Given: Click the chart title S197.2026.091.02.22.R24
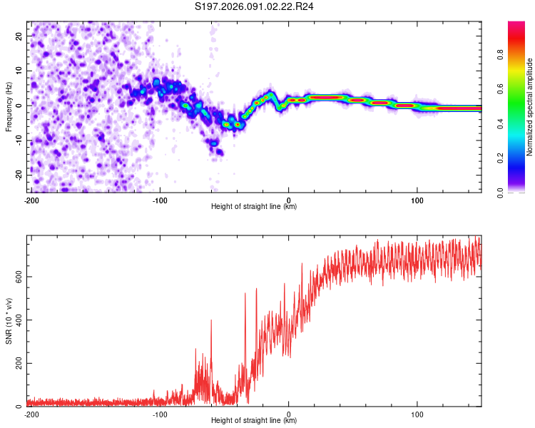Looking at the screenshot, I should (x=255, y=8).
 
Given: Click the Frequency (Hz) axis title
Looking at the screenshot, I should (x=9, y=106).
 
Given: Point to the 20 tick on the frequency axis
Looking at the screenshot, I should (x=20, y=36).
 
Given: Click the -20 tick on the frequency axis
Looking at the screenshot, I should (x=19, y=175).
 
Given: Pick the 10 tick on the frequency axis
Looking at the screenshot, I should (x=20, y=71).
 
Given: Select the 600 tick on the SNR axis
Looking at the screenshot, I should (x=17, y=276).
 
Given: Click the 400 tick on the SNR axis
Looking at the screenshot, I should (x=17, y=320).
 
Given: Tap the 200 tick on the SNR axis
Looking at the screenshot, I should (x=17, y=363).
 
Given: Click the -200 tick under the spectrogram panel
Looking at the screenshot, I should (x=31, y=200).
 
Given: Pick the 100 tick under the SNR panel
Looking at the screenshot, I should (x=417, y=414).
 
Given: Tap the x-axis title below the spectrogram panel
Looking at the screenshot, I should (x=255, y=207).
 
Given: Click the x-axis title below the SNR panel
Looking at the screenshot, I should (x=255, y=421).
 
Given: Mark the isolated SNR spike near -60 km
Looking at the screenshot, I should (x=211, y=321).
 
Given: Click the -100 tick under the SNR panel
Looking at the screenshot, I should (x=160, y=414).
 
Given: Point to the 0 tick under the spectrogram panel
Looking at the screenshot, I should (x=289, y=200).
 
